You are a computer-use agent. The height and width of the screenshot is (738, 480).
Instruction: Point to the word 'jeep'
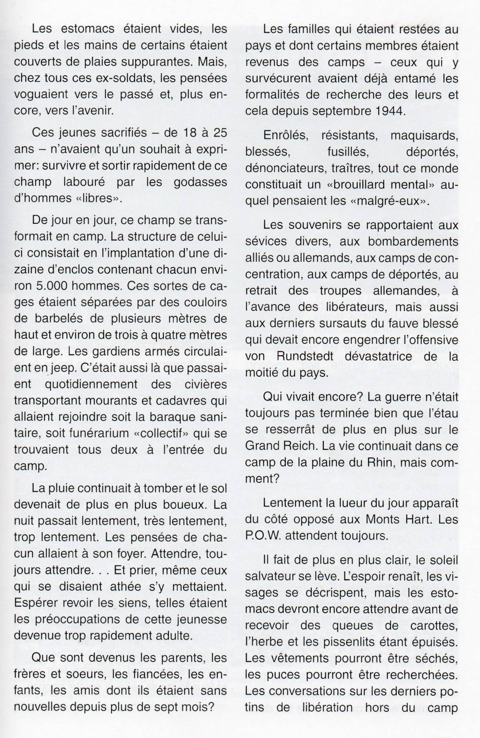58,368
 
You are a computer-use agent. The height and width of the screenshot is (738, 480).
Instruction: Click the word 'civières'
200,384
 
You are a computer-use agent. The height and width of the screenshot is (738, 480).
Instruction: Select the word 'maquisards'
424,136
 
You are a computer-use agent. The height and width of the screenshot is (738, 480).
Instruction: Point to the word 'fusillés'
348,152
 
